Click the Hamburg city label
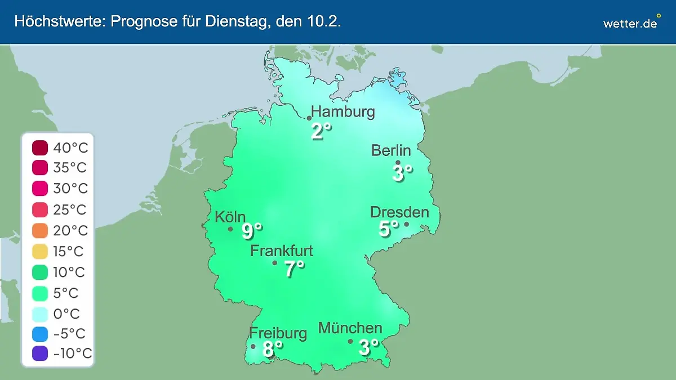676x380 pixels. (343, 111)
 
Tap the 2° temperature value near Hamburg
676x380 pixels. (321, 131)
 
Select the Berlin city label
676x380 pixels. (391, 150)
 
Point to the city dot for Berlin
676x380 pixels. (398, 163)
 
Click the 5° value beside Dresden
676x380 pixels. (388, 229)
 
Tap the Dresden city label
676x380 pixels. (399, 212)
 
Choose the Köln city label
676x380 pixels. (230, 217)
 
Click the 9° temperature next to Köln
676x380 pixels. (252, 230)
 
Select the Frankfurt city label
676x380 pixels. (282, 251)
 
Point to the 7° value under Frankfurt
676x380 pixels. (294, 269)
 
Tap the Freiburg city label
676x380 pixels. (278, 333)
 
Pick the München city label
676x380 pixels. (350, 328)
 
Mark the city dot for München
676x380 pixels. (350, 341)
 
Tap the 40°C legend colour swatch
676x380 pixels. (40, 149)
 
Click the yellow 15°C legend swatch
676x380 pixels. (40, 251)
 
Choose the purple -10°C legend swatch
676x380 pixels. (40, 354)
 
